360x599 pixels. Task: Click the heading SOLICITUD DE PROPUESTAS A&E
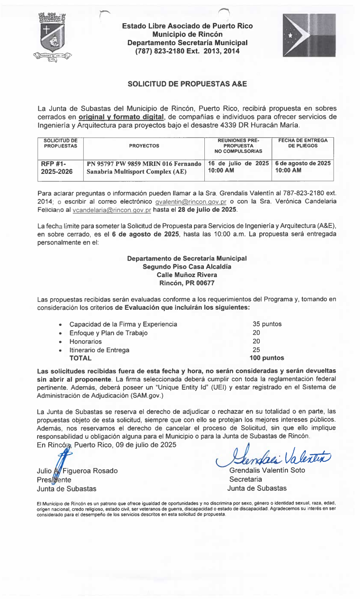(x=187, y=84)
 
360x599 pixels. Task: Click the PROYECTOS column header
(x=144, y=146)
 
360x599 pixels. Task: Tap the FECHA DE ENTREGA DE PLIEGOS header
(x=303, y=143)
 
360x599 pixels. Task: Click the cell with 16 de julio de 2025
(x=237, y=164)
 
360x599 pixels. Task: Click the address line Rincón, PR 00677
(x=187, y=283)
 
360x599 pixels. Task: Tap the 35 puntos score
(x=267, y=324)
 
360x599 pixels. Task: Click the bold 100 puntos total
(x=267, y=358)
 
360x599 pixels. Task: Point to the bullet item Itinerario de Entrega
(x=99, y=350)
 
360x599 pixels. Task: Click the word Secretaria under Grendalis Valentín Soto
(x=243, y=479)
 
